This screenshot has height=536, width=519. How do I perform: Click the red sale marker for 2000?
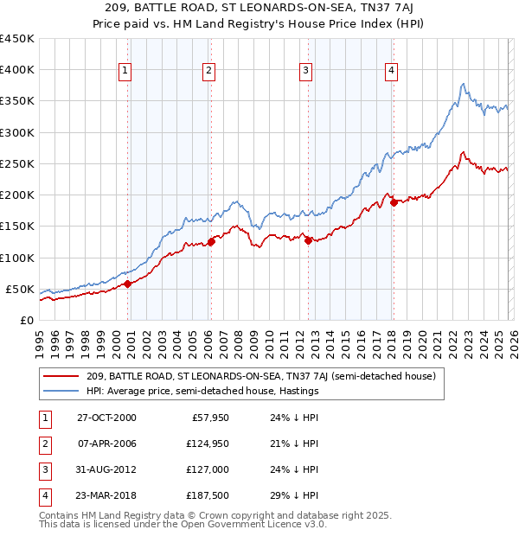coord(127,284)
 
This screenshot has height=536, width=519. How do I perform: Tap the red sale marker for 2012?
coord(308,240)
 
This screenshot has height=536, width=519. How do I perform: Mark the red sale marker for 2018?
coord(393,203)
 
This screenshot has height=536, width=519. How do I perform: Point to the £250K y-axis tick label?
coord(17,163)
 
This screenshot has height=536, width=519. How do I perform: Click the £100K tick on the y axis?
coord(17,258)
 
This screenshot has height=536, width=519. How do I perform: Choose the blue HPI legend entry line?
coord(62,391)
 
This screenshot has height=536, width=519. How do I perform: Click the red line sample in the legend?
coord(62,376)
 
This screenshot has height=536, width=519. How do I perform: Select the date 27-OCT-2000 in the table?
coord(106,418)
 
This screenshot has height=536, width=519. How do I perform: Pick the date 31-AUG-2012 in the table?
coord(106,469)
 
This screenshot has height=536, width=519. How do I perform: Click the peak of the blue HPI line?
coord(463,84)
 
